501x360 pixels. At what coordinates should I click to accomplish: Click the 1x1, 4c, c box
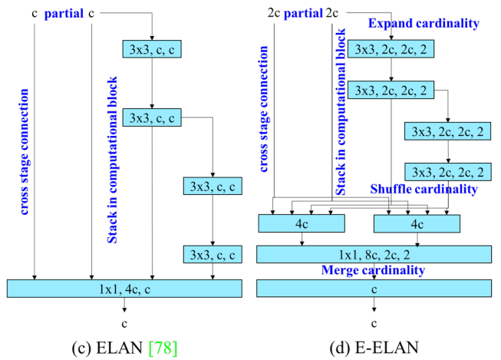(x=124, y=289)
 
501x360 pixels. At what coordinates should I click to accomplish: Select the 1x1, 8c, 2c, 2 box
(x=374, y=255)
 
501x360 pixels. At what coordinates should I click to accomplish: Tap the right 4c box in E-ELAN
(x=417, y=223)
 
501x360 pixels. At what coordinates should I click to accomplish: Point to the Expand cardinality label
(x=424, y=23)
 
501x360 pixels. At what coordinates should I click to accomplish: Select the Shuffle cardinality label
(x=424, y=189)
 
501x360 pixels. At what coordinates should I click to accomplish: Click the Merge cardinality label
(x=374, y=271)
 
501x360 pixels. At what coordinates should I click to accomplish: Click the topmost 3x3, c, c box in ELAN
(x=152, y=48)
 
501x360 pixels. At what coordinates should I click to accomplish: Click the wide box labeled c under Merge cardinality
(x=374, y=289)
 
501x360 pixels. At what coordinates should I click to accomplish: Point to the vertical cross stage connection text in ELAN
(x=25, y=152)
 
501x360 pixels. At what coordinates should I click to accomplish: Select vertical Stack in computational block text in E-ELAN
(x=341, y=111)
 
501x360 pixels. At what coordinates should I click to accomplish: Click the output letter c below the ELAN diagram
(x=124, y=323)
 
